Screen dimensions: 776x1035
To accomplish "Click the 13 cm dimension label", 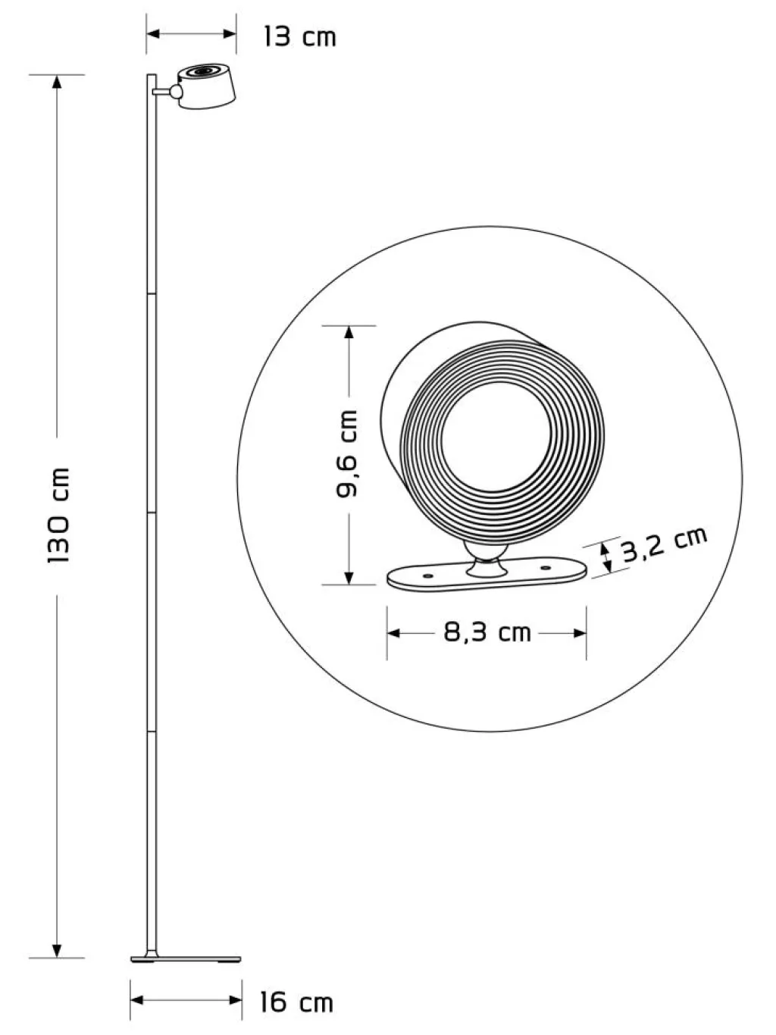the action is [x=300, y=36].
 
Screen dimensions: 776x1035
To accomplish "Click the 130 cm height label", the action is [x=59, y=515].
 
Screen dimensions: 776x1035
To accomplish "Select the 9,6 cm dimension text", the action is [x=347, y=454].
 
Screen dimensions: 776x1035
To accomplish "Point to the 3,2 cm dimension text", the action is [x=665, y=544].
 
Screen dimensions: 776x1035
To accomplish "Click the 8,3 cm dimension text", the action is [x=487, y=632].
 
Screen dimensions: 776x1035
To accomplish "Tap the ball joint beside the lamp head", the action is [x=176, y=92].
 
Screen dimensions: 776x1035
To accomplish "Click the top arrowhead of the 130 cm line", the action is [x=57, y=81].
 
